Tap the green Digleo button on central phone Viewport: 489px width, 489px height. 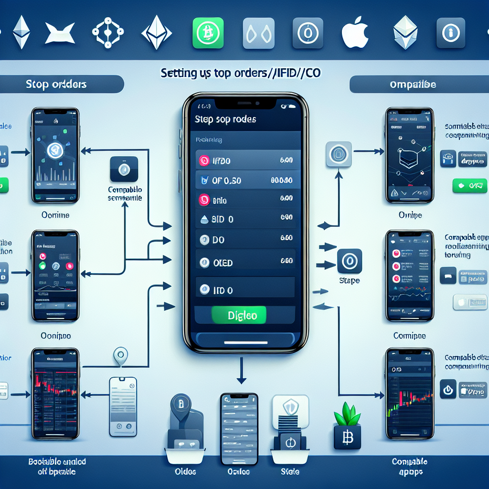tap(239, 315)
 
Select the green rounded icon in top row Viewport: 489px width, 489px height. tap(207, 33)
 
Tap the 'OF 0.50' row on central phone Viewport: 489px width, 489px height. tap(245, 181)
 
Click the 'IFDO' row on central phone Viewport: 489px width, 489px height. tap(245, 161)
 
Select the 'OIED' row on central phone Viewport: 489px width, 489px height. tap(245, 262)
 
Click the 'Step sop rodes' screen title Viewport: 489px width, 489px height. tap(225, 119)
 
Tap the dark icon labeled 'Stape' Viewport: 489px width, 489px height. tap(349, 261)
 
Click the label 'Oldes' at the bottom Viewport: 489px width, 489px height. tap(186, 471)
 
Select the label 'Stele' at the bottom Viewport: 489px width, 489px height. tap(290, 471)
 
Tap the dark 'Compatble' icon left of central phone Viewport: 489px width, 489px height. tap(124, 169)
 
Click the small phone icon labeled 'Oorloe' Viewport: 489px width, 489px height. tap(239, 420)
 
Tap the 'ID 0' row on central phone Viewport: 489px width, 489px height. tap(245, 289)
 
